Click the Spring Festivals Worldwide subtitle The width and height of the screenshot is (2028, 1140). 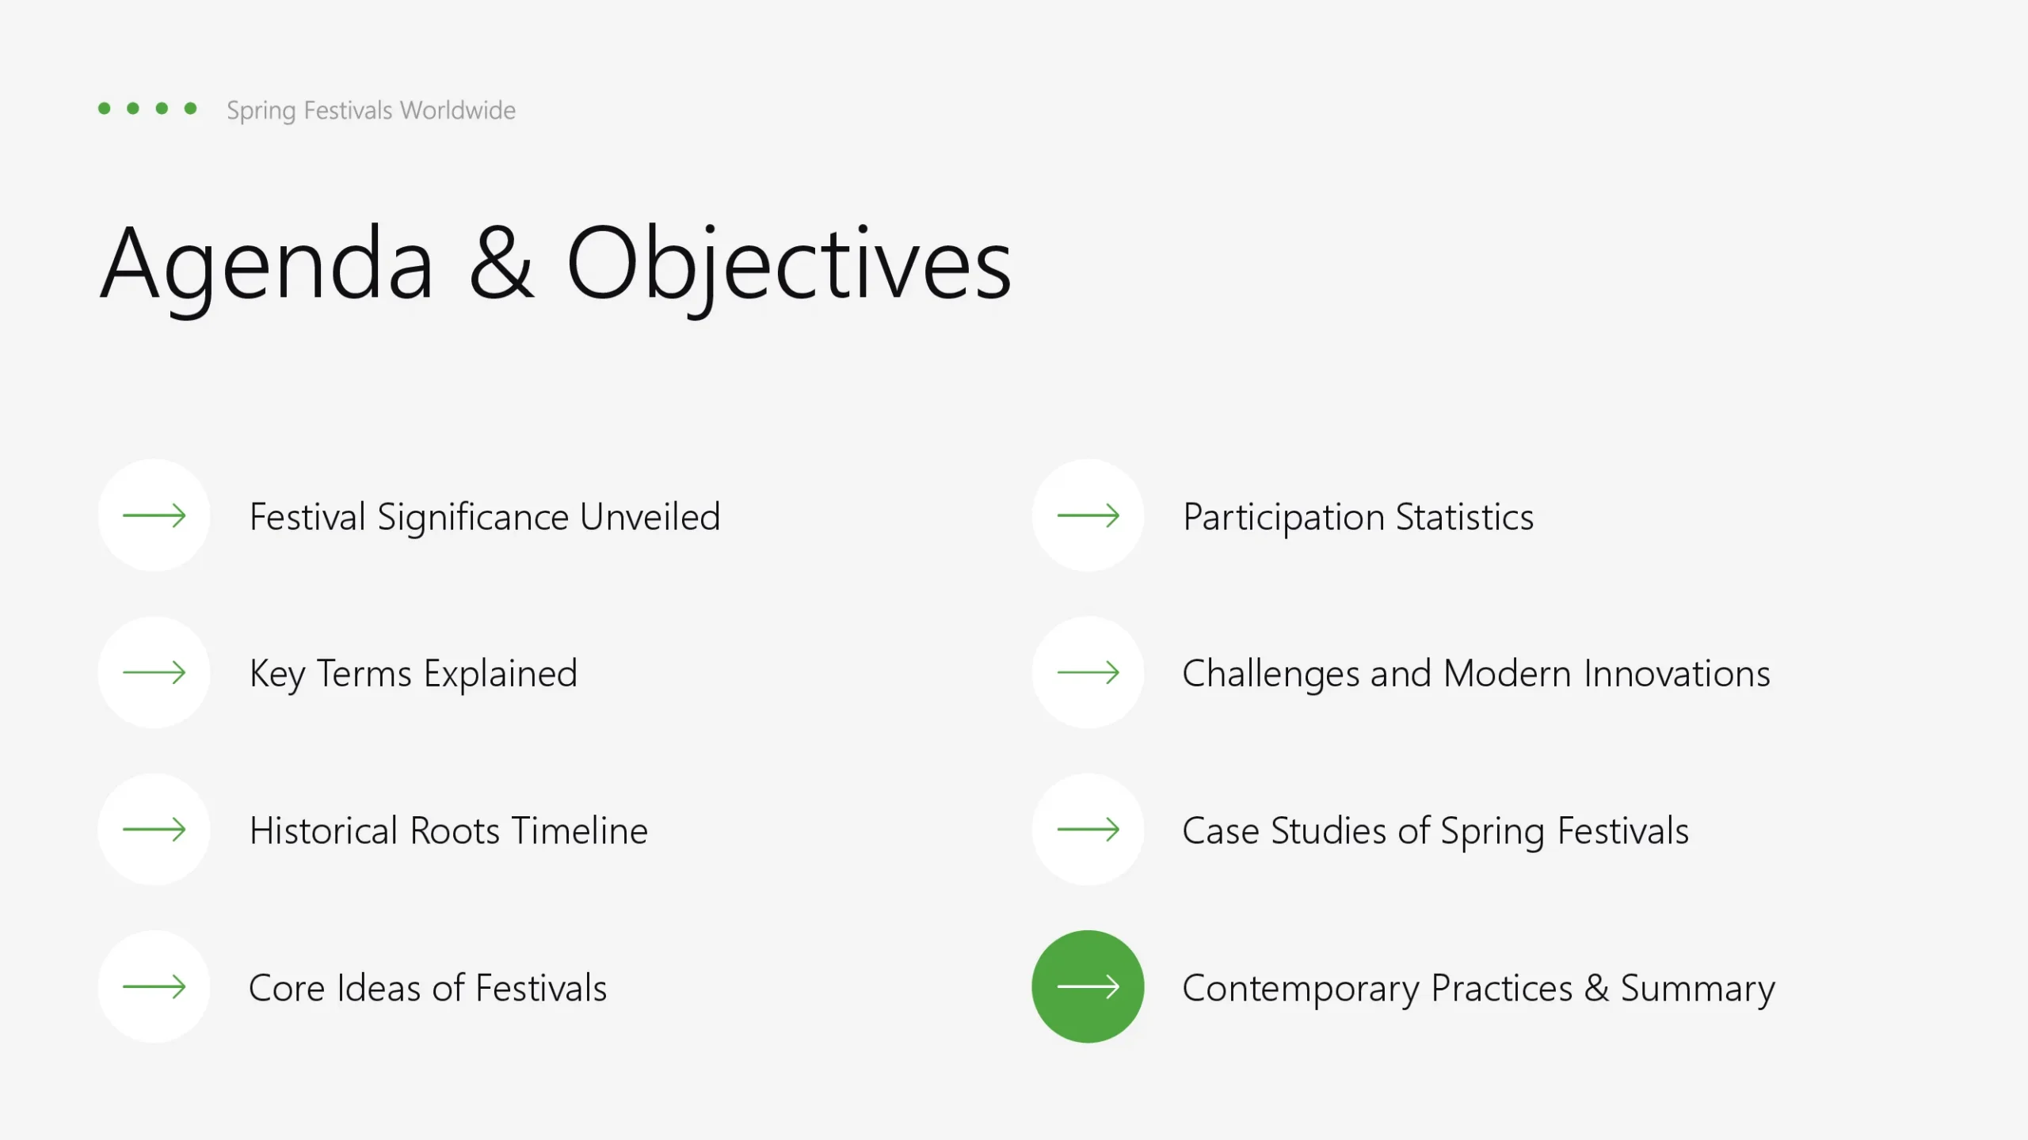(371, 110)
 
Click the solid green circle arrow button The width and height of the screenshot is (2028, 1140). (1088, 986)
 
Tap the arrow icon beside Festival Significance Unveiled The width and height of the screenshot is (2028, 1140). (154, 515)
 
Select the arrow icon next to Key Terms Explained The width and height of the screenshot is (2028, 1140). (154, 672)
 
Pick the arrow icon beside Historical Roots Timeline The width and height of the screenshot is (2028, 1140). (154, 829)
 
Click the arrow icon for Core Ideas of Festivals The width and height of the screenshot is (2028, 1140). (154, 986)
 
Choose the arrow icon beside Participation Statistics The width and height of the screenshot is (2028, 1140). (1088, 515)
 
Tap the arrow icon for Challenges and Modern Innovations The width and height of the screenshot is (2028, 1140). (1088, 672)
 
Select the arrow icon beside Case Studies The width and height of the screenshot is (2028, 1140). (1088, 829)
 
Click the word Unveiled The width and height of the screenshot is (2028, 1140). (650, 517)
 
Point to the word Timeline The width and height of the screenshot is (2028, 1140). (580, 830)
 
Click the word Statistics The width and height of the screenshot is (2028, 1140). (1465, 517)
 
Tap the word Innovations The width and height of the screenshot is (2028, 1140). (1677, 674)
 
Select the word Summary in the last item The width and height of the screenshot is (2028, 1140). (1698, 990)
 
